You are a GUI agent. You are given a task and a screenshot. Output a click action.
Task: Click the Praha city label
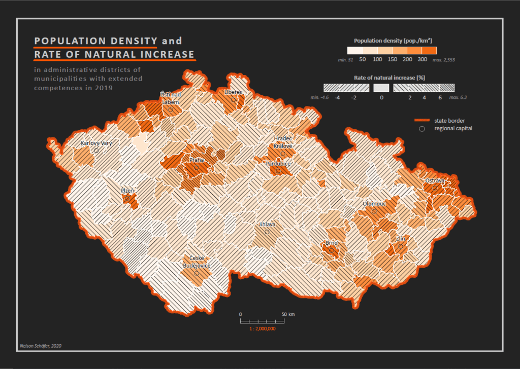[x=197, y=160]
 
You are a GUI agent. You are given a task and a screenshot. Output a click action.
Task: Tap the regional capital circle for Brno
[x=332, y=250]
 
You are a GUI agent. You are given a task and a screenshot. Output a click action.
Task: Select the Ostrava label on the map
[x=435, y=180]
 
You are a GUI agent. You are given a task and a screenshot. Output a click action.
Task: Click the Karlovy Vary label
[x=96, y=143]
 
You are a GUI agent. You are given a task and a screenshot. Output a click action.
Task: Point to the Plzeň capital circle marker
[x=127, y=198]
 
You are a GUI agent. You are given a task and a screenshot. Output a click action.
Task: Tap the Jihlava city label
[x=267, y=224]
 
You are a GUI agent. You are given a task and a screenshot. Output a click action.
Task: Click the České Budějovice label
[x=197, y=262]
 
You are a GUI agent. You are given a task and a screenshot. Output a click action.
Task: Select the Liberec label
[x=234, y=92]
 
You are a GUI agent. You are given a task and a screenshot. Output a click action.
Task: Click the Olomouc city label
[x=375, y=203]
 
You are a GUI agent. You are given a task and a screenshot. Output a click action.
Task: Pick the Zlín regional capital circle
[x=401, y=247]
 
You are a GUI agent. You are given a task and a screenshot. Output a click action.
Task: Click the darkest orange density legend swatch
[x=430, y=51]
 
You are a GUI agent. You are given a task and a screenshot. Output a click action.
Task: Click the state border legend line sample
[x=422, y=120]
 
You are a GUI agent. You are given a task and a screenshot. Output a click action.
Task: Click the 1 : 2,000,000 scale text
[x=263, y=329]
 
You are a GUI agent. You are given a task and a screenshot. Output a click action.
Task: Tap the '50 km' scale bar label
[x=287, y=314]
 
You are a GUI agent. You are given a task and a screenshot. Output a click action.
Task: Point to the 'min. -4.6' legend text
[x=319, y=97]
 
